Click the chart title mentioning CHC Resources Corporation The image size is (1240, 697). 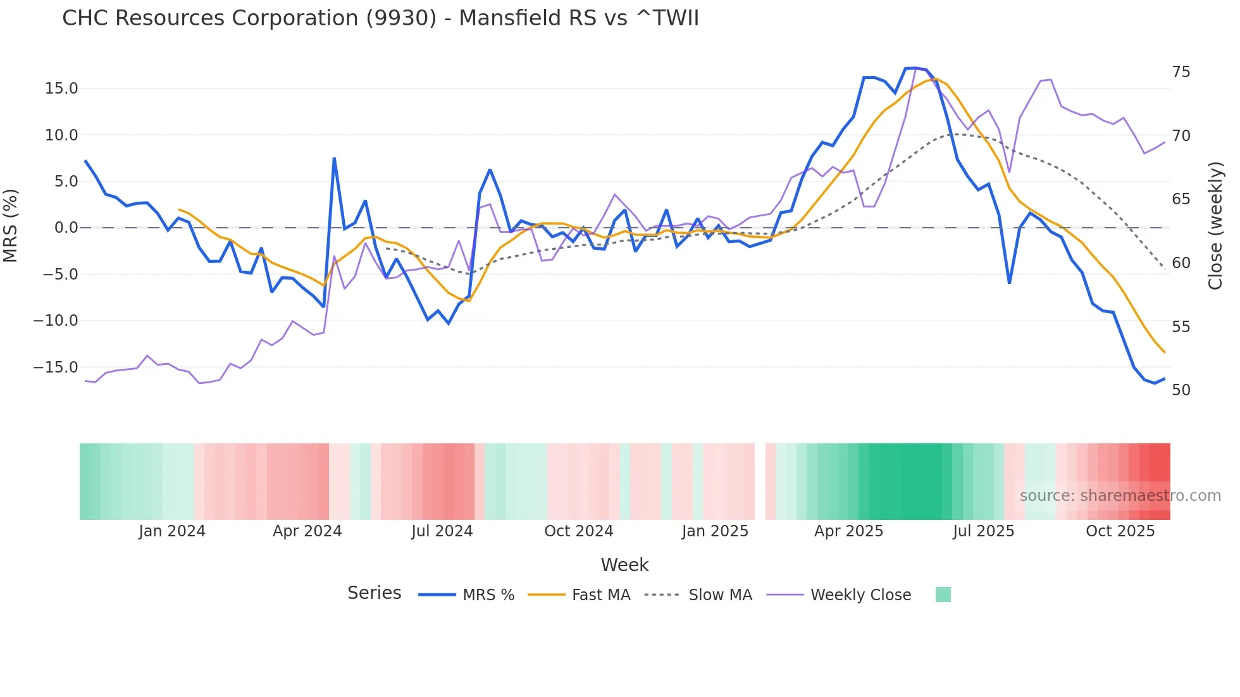click(x=380, y=18)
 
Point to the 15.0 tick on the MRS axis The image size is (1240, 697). click(x=61, y=89)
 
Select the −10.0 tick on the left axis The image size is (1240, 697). click(x=56, y=321)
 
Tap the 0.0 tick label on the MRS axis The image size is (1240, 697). click(x=66, y=228)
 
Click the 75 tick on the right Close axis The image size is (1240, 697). click(x=1181, y=72)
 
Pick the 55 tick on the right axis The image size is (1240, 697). click(x=1181, y=327)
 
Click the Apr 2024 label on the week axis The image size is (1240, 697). click(x=307, y=531)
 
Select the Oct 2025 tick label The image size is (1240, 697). click(x=1120, y=531)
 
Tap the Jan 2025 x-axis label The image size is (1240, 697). click(x=715, y=531)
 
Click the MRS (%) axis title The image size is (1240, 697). click(x=11, y=226)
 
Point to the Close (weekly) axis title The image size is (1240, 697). click(x=1215, y=226)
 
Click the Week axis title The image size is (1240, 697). click(x=624, y=565)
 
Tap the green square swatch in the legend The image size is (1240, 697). click(x=943, y=595)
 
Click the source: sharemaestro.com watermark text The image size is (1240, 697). click(x=1120, y=496)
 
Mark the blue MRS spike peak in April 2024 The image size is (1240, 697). click(x=334, y=158)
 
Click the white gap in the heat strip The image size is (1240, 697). click(x=760, y=481)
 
